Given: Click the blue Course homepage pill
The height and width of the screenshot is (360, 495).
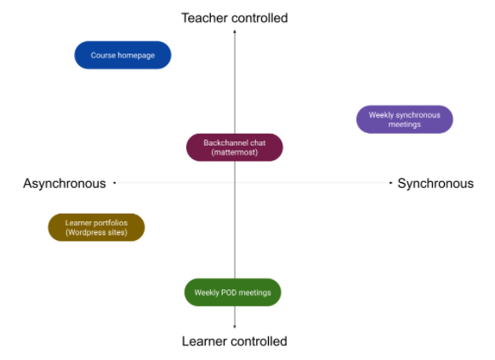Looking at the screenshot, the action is (x=122, y=55).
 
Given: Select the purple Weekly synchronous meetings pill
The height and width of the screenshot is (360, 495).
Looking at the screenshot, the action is (x=404, y=119).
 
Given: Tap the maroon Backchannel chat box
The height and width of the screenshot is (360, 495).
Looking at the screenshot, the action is (x=235, y=147).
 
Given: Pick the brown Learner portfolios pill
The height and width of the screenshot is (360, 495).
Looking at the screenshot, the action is (x=96, y=227).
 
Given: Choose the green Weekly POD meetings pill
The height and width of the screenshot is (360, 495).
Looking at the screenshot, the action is (x=233, y=293).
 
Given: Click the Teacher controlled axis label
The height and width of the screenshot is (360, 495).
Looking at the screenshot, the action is (x=235, y=18).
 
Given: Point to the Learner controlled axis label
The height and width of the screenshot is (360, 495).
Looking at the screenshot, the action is (x=235, y=341).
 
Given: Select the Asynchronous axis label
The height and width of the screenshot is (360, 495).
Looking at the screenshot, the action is (x=65, y=184).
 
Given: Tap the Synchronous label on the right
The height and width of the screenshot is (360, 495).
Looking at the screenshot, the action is (x=435, y=184).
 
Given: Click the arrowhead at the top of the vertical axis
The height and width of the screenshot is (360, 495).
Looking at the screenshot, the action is (x=235, y=31).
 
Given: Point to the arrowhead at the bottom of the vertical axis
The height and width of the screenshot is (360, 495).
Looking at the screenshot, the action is (x=235, y=327).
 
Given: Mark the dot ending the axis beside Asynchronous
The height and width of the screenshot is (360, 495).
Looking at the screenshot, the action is (x=115, y=182).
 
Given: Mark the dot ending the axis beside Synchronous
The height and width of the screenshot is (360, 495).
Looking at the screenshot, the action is (x=391, y=182).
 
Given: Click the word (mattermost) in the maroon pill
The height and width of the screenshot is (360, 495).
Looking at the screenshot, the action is (x=235, y=152).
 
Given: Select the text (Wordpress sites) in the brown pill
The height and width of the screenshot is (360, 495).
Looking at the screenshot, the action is (x=96, y=232).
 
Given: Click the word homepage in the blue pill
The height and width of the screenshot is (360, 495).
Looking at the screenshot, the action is (x=136, y=55).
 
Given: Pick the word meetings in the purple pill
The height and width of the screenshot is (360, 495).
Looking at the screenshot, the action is (x=404, y=124).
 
